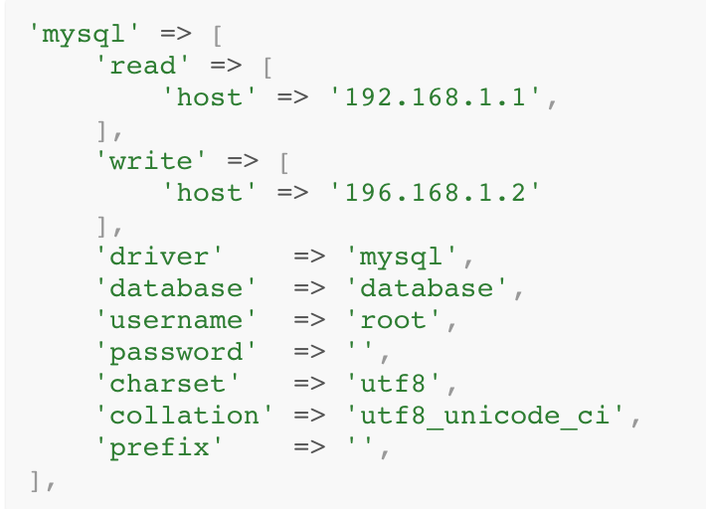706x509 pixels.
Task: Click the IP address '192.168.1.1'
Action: point(441,97)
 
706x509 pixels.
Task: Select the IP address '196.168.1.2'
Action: point(441,193)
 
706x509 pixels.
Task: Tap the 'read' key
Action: point(143,66)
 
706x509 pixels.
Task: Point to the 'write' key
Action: point(151,161)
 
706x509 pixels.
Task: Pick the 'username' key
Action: point(175,320)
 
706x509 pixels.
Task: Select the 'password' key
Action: point(175,352)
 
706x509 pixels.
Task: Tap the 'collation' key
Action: point(183,416)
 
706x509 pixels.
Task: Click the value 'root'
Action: point(393,320)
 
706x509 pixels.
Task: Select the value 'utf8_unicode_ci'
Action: point(487,416)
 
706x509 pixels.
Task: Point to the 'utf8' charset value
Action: point(393,384)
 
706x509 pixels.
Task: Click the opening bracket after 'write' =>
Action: point(283,161)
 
